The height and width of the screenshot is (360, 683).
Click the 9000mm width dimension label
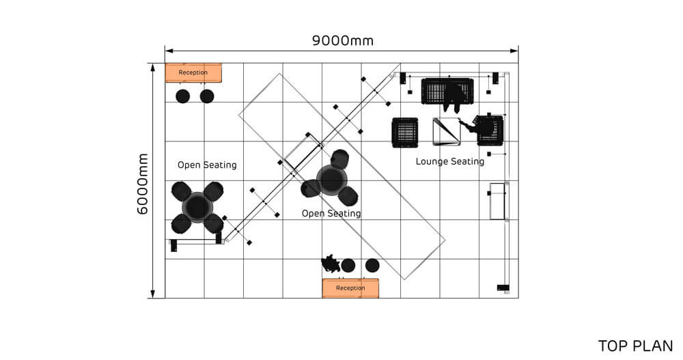click(x=343, y=40)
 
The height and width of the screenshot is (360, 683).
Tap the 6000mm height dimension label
click(x=143, y=183)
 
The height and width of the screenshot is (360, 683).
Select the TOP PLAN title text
click(x=635, y=346)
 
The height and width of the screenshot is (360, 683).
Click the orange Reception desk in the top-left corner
click(x=194, y=72)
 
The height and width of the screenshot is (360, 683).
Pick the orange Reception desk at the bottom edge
click(x=350, y=288)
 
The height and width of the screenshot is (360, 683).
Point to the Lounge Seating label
click(x=450, y=162)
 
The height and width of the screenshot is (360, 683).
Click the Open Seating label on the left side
click(x=207, y=165)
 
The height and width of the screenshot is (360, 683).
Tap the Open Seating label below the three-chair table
click(x=331, y=214)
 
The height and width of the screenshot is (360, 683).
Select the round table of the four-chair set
click(x=197, y=206)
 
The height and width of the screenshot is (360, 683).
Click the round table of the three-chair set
click(x=331, y=179)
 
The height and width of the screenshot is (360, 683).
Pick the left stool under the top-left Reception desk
click(x=182, y=96)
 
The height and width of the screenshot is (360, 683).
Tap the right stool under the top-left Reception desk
click(x=207, y=96)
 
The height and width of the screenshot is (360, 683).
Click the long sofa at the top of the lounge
click(x=447, y=92)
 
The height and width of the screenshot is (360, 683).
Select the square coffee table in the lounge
click(x=447, y=132)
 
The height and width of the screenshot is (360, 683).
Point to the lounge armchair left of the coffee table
click(x=404, y=132)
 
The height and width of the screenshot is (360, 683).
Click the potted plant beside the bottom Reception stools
click(x=331, y=263)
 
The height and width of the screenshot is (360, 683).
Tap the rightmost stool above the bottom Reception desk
click(x=372, y=265)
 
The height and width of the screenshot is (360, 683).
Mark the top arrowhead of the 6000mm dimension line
click(x=152, y=67)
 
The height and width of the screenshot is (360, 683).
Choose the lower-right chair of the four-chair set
click(x=214, y=223)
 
